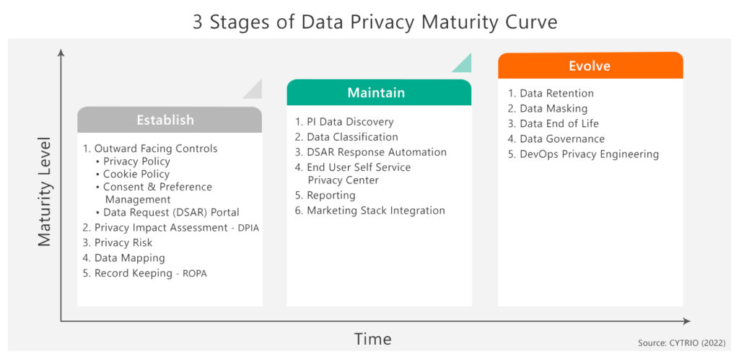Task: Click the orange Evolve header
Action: pos(590,66)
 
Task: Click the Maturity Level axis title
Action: pos(45,191)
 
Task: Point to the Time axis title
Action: pos(372,338)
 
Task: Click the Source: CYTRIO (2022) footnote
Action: pos(681,343)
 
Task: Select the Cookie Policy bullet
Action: pos(136,174)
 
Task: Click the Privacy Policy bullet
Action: pos(136,161)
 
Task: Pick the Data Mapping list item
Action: pos(129,258)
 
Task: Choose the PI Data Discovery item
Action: pos(350,121)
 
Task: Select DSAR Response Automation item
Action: pos(376,152)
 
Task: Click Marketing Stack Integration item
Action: pos(375,211)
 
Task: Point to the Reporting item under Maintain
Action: pos(331,195)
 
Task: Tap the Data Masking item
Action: pos(553,108)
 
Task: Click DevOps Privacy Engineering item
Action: pos(588,154)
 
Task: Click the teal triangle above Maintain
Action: pos(465,64)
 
